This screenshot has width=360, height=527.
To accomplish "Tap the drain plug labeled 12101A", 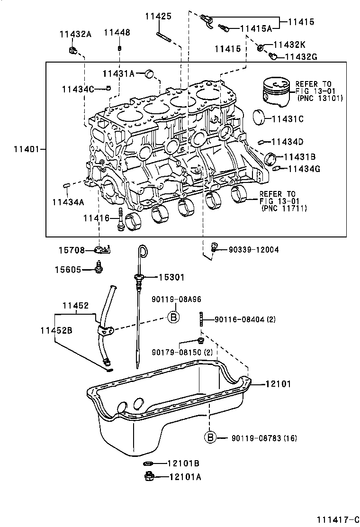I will click(x=148, y=477).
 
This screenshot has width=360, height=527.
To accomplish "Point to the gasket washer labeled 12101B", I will click(x=148, y=463).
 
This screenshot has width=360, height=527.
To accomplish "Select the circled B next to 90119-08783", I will click(x=211, y=437).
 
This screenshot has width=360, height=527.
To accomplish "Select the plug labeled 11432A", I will click(x=72, y=49).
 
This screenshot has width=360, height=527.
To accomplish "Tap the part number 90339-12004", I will click(x=253, y=249).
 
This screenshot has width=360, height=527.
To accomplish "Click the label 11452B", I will click(x=56, y=330).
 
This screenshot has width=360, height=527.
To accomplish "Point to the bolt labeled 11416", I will click(x=120, y=219).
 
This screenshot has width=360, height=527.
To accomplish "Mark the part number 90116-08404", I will click(x=240, y=319).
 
